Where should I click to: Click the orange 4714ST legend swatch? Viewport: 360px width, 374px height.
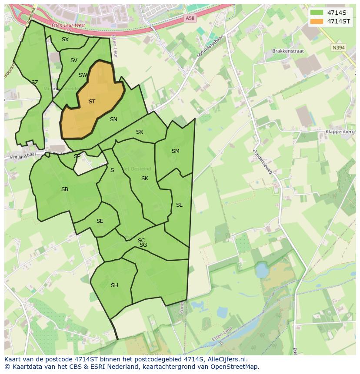[x=317, y=21]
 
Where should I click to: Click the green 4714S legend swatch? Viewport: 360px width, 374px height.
[x=317, y=13]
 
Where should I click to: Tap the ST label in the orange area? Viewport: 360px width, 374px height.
[x=92, y=102]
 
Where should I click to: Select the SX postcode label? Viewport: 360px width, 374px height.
[x=65, y=40]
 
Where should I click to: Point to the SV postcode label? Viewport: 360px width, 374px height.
[x=73, y=60]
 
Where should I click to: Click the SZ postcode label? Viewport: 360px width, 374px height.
[x=35, y=83]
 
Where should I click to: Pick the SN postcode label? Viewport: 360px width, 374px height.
[x=113, y=119]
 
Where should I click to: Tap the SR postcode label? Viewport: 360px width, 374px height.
[x=140, y=132]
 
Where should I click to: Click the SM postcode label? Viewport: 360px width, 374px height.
[x=175, y=151]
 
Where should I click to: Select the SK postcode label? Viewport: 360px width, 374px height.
[x=145, y=179]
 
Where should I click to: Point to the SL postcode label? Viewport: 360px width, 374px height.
[x=179, y=205]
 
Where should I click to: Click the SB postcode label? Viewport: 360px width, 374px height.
[x=65, y=189]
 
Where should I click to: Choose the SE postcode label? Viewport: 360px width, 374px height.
[x=100, y=221]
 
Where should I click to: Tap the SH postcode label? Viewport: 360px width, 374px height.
[x=114, y=285]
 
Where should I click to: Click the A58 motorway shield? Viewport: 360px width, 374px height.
[x=190, y=18]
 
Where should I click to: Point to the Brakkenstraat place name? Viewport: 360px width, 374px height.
[x=288, y=51]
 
